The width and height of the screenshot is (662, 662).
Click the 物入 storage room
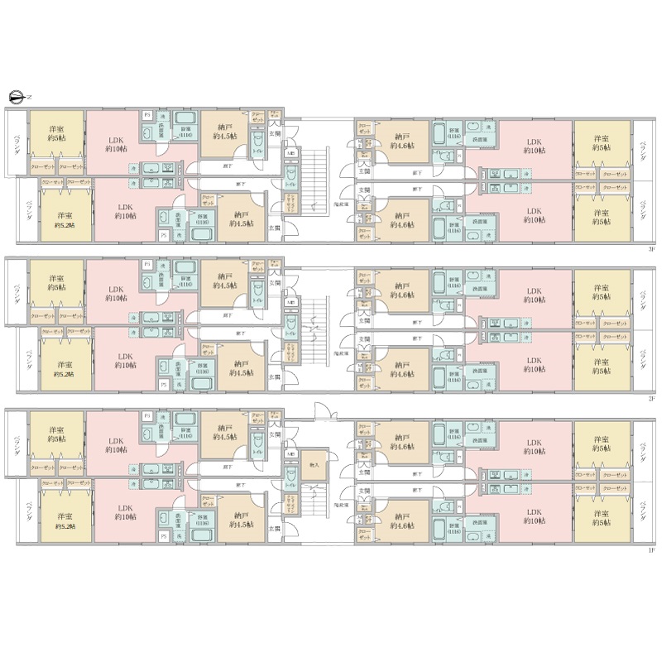pos(314,465)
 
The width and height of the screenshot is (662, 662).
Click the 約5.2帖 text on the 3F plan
pos(62,225)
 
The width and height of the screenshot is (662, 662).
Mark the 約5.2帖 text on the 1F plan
pos(62,525)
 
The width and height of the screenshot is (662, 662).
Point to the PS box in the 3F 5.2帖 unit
pos(163,235)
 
